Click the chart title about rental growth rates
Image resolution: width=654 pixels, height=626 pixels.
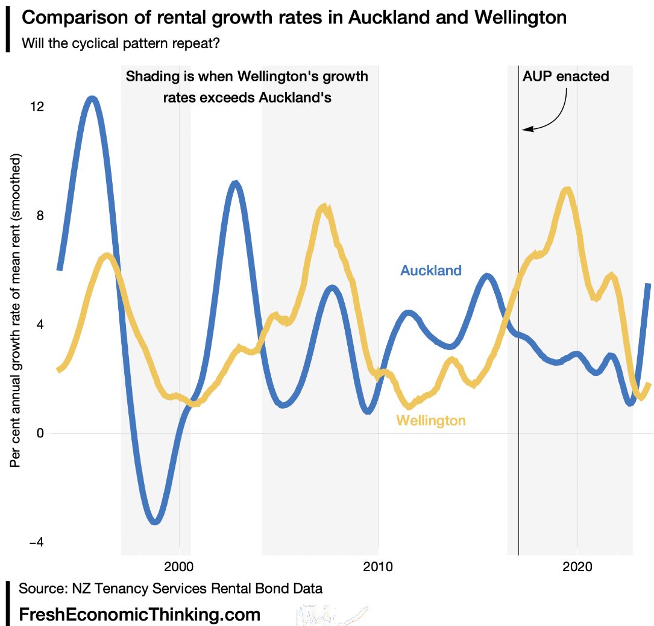click(294, 18)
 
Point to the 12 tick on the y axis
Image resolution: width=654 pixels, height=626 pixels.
click(37, 107)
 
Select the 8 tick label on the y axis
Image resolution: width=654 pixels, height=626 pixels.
click(40, 216)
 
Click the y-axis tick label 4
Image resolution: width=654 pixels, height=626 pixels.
click(40, 325)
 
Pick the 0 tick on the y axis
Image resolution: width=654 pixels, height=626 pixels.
click(40, 434)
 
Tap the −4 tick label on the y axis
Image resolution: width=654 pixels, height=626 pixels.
click(37, 543)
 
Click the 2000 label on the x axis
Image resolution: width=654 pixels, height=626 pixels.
click(179, 567)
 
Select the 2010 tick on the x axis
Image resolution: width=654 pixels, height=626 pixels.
click(378, 567)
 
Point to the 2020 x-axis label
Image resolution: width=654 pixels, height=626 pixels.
click(577, 567)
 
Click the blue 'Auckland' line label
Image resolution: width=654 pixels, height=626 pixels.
click(431, 271)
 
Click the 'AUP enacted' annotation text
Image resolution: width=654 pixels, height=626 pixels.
click(565, 77)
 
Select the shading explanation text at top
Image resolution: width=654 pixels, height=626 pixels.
click(247, 87)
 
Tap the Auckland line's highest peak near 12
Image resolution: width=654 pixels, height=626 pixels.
click(92, 98)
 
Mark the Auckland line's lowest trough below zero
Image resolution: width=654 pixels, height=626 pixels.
click(156, 522)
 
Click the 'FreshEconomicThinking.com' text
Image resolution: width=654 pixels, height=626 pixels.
click(140, 615)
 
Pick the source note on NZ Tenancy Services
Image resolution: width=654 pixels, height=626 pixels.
click(171, 588)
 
